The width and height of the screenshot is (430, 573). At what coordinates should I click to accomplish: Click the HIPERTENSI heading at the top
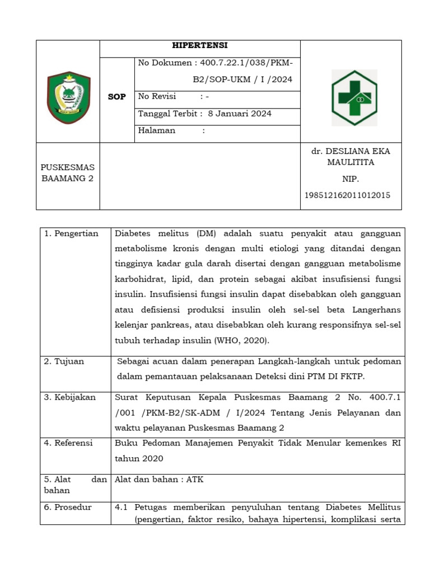(200, 46)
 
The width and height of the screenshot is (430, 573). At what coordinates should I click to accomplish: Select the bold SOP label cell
(117, 97)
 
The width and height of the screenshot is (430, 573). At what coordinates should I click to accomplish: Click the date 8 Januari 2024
(240, 114)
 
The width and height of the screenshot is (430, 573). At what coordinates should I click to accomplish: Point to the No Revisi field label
(157, 96)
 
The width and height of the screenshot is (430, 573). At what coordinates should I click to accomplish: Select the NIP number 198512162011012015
(347, 195)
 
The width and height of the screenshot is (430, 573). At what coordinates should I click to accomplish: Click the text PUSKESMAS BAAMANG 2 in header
(68, 173)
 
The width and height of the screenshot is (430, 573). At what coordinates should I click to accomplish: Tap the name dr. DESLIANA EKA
(350, 151)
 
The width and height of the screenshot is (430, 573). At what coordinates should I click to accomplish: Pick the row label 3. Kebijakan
(70, 397)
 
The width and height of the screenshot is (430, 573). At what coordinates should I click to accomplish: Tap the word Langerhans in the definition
(376, 309)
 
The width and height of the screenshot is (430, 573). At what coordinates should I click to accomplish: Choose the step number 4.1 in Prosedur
(122, 508)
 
